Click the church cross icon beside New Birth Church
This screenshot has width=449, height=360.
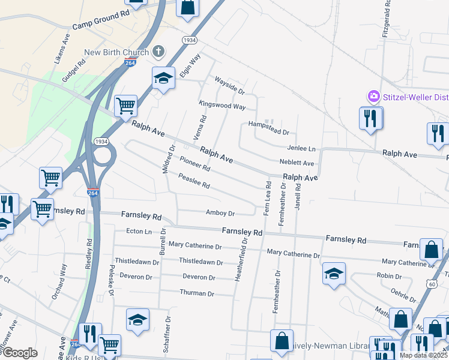pyautogui.click(x=158, y=51)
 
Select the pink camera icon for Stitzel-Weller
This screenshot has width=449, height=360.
pyautogui.click(x=373, y=96)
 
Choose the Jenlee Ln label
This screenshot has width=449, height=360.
pyautogui.click(x=301, y=148)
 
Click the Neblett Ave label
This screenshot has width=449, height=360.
pyautogui.click(x=297, y=163)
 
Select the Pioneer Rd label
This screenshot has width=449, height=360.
pyautogui.click(x=195, y=163)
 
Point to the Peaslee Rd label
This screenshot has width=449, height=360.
pyautogui.click(x=194, y=181)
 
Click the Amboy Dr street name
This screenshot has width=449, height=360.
pyautogui.click(x=220, y=213)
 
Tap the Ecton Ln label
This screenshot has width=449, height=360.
pyautogui.click(x=139, y=231)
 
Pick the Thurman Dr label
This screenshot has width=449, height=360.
pyautogui.click(x=197, y=293)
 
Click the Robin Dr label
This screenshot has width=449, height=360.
pyautogui.click(x=389, y=276)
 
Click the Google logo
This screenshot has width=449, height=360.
pyautogui.click(x=19, y=353)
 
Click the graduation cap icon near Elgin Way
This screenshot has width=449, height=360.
pyautogui.click(x=163, y=79)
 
